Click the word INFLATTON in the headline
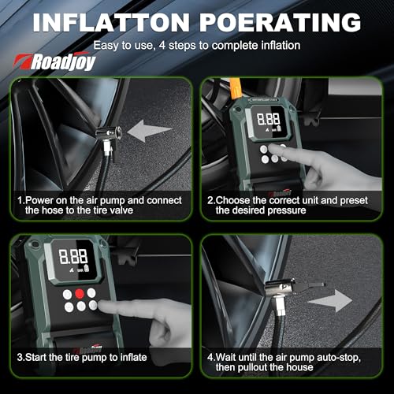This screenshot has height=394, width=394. [111, 22]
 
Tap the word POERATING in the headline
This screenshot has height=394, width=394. [281, 22]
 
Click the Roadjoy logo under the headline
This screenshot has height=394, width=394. [54, 62]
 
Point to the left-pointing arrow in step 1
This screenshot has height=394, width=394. [150, 131]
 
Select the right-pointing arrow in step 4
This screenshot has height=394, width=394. [330, 301]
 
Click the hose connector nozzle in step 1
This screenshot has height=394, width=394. [108, 134]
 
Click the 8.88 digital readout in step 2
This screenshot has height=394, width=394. [268, 119]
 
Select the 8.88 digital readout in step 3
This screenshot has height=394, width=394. [73, 256]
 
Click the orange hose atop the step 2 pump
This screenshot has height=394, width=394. [236, 88]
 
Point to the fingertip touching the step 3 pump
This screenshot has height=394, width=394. [103, 307]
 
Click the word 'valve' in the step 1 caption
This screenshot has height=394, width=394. [121, 210]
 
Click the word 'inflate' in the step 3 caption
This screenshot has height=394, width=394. [133, 357]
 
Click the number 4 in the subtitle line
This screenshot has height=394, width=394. [162, 46]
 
